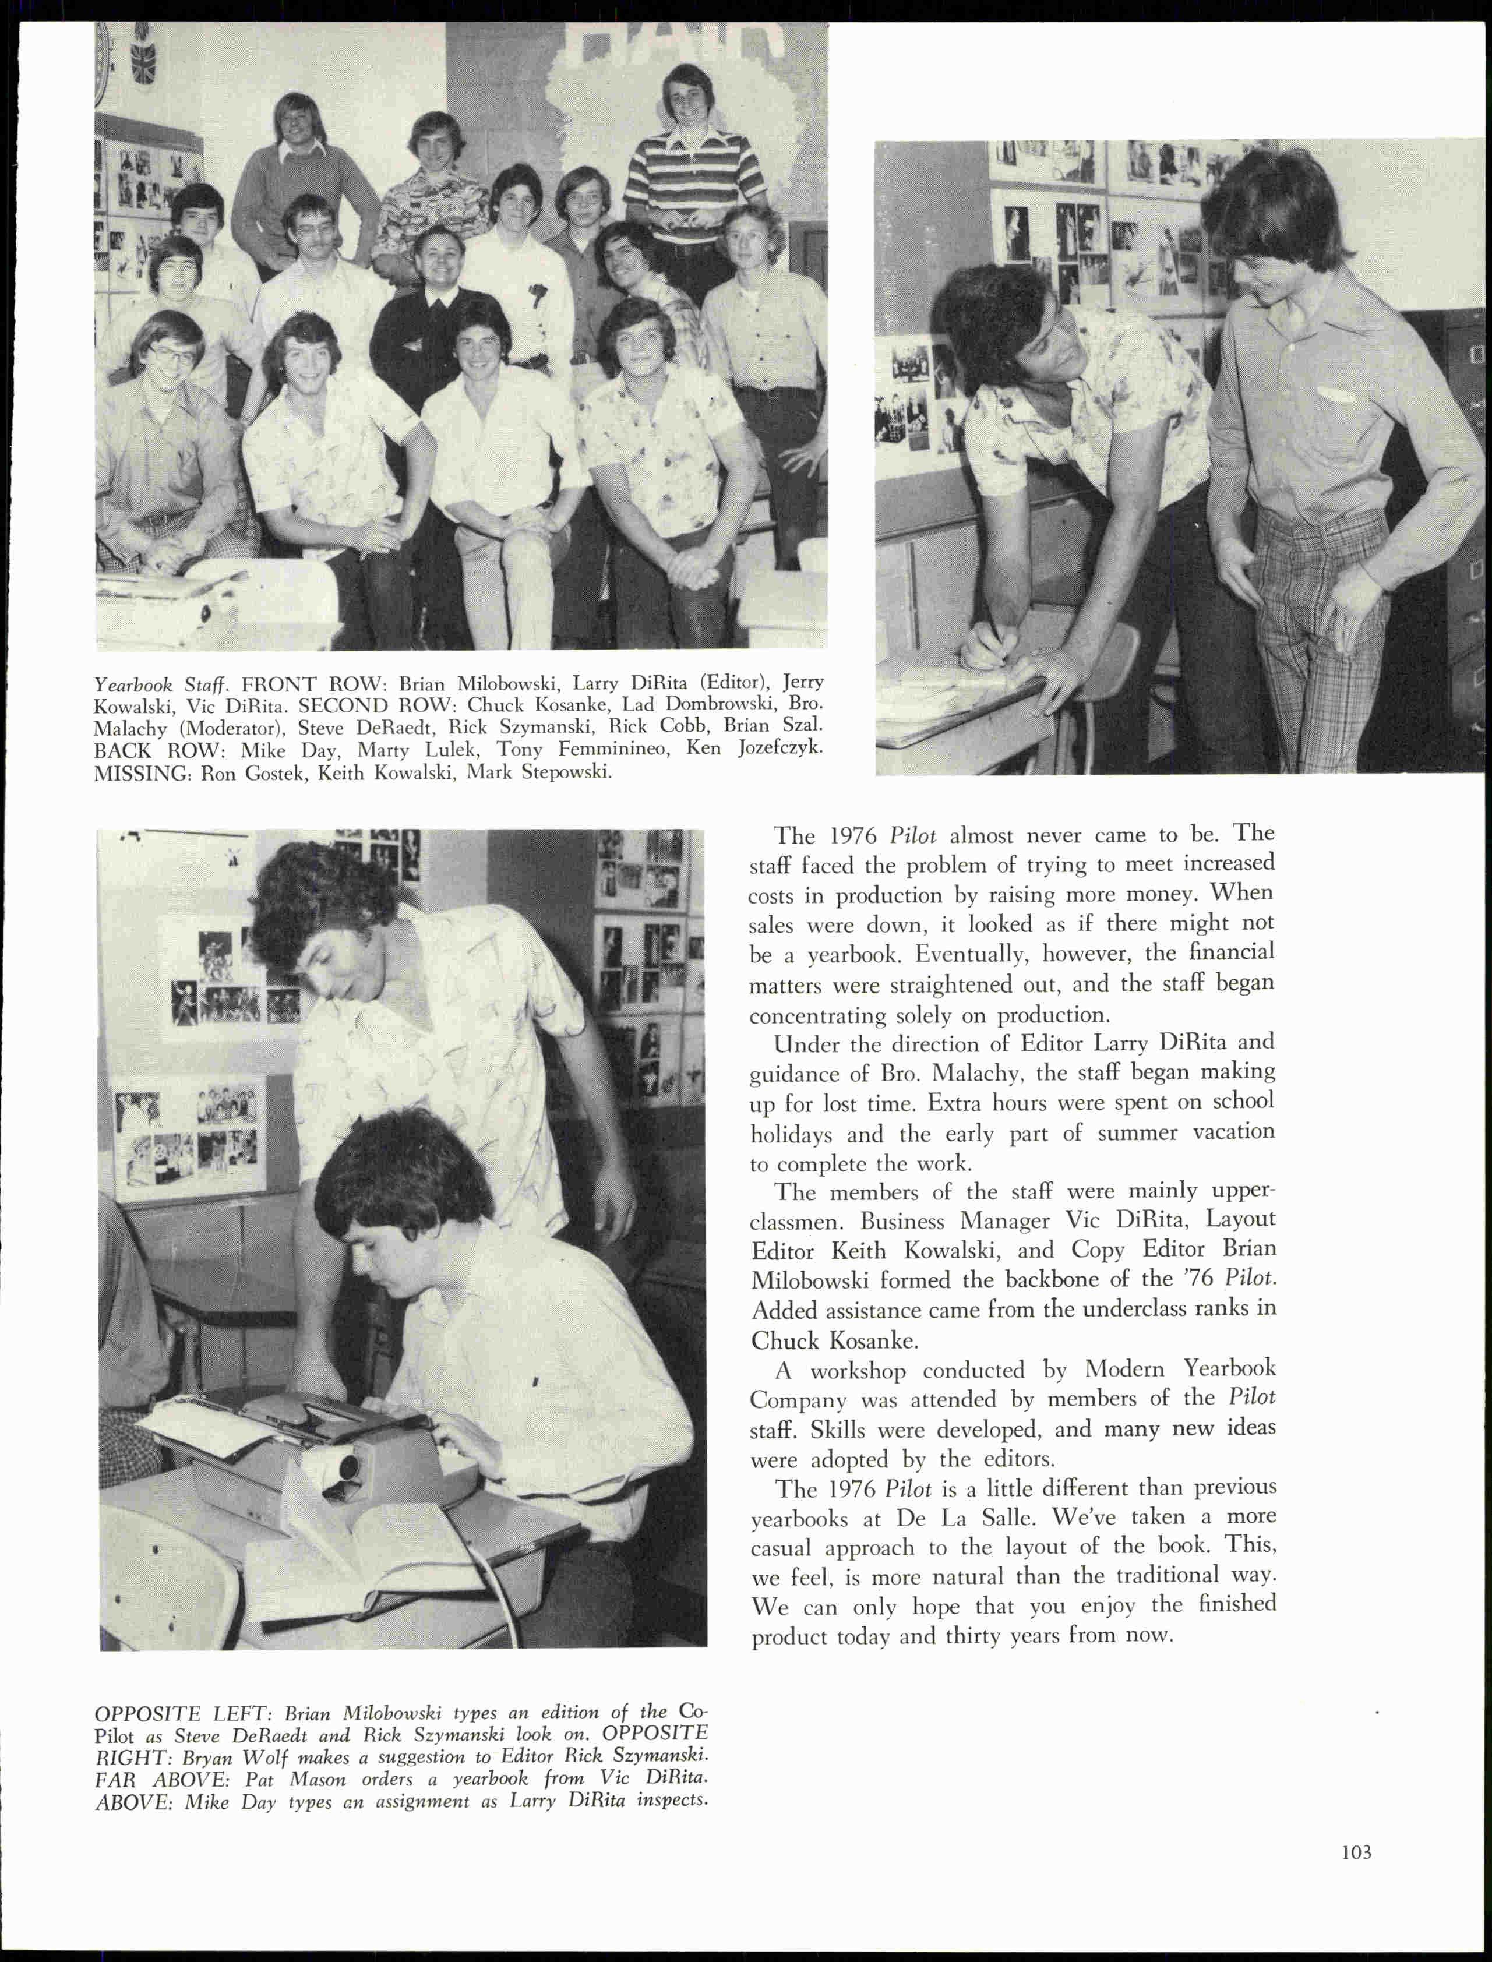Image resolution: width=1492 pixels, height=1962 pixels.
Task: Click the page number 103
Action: tap(1356, 1851)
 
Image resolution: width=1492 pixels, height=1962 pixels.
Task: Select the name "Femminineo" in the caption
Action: tap(612, 749)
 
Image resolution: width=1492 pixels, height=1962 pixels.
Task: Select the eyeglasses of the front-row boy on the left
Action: tap(171, 354)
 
